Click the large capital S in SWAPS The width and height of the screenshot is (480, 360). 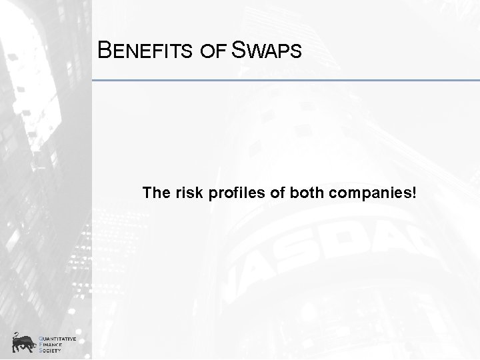(x=238, y=50)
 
